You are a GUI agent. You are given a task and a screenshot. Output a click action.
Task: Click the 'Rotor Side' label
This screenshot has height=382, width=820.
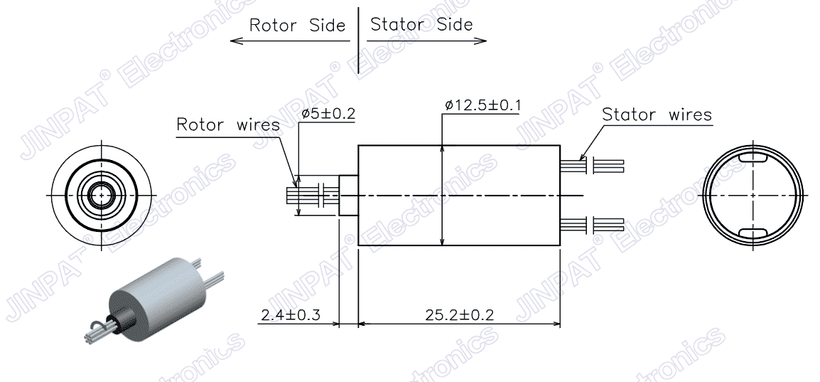click(x=296, y=26)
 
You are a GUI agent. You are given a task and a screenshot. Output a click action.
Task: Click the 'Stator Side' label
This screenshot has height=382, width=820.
click(x=421, y=25)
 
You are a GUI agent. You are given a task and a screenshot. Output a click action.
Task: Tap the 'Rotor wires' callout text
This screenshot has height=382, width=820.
click(x=227, y=125)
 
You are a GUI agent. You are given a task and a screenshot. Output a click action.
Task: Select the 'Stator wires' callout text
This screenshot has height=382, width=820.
click(x=657, y=115)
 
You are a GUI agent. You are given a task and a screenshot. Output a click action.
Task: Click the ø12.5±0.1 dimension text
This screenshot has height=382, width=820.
click(x=482, y=105)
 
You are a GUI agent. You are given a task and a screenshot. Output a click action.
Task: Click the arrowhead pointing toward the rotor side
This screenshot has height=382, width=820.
click(x=237, y=41)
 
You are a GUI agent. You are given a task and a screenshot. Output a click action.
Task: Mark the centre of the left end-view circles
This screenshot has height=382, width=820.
click(x=101, y=194)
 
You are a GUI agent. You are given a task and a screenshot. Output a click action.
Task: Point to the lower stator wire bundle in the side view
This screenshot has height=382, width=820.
click(x=591, y=225)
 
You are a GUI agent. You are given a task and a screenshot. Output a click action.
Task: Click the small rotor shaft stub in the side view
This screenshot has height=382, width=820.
click(x=348, y=196)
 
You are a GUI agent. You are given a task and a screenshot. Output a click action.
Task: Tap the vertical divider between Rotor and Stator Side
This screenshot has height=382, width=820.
click(x=359, y=39)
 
